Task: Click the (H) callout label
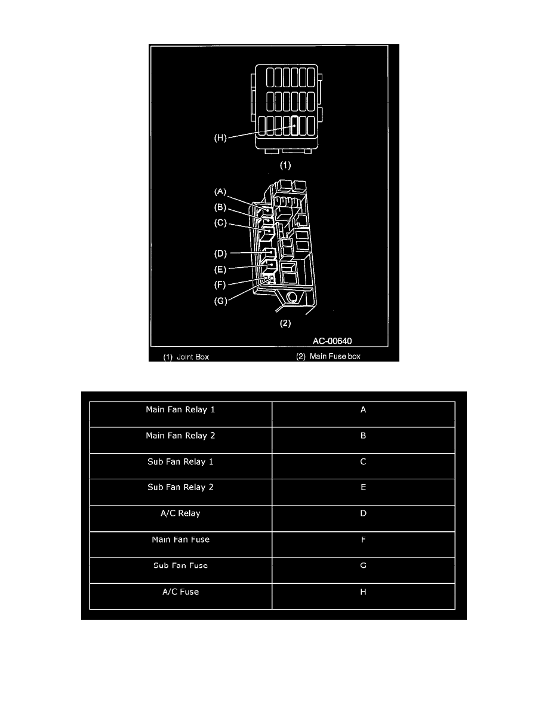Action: pyautogui.click(x=220, y=137)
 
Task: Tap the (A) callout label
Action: pyautogui.click(x=220, y=192)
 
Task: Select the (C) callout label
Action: pyautogui.click(x=220, y=224)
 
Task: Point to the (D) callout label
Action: pyautogui.click(x=220, y=253)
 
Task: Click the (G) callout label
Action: pyautogui.click(x=220, y=301)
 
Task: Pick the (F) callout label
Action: pyautogui.click(x=220, y=285)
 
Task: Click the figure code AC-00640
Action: pyautogui.click(x=333, y=341)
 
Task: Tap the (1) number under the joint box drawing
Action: pyautogui.click(x=285, y=166)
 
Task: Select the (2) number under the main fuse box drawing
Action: pyautogui.click(x=285, y=323)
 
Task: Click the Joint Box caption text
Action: pyautogui.click(x=193, y=357)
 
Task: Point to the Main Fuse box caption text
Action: pyautogui.click(x=335, y=356)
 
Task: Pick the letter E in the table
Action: pyautogui.click(x=363, y=487)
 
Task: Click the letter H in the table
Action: pyautogui.click(x=363, y=592)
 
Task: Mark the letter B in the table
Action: pyautogui.click(x=363, y=436)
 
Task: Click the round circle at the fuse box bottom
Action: pyautogui.click(x=292, y=297)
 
